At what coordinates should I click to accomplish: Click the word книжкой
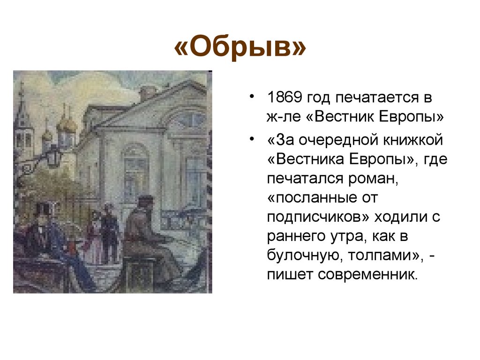pos(412,140)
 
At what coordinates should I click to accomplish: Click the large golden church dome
pos(66,124)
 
